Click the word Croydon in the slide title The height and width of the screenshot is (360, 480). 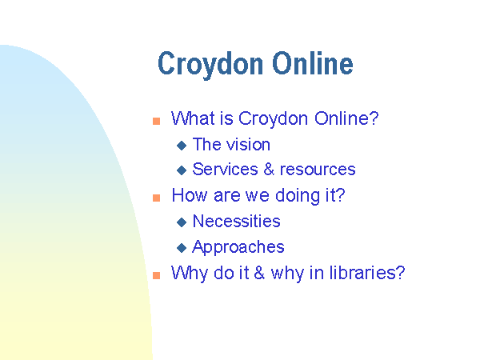click(x=210, y=65)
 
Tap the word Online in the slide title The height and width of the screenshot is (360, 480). click(x=313, y=63)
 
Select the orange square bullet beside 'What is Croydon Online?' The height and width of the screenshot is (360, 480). click(x=157, y=122)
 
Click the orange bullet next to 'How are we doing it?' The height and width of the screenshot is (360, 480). click(x=157, y=198)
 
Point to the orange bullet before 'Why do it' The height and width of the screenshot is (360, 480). click(x=157, y=275)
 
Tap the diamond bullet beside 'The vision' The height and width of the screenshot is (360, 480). click(x=182, y=146)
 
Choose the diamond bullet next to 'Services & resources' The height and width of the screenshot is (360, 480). click(x=182, y=170)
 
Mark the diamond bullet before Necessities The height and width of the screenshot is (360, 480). click(x=182, y=222)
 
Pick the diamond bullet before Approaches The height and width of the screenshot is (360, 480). click(x=182, y=248)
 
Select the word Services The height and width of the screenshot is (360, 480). click(x=226, y=169)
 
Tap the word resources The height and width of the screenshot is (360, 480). click(x=318, y=170)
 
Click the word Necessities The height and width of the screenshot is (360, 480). click(x=236, y=221)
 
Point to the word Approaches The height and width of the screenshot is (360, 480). click(x=238, y=247)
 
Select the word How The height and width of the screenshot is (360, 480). click(x=190, y=195)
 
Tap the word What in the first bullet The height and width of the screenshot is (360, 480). click(x=193, y=118)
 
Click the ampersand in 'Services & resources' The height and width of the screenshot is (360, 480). click(x=269, y=169)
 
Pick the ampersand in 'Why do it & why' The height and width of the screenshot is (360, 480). click(x=259, y=273)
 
